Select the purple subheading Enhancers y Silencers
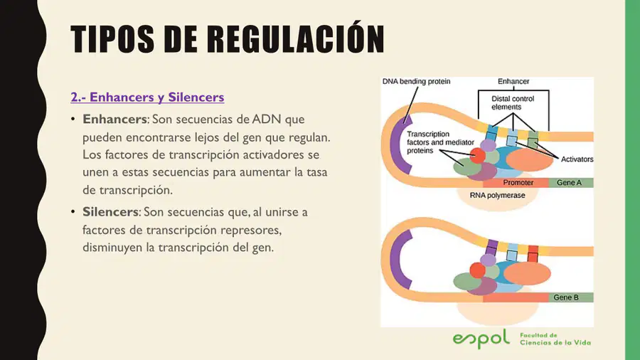coord(147,97)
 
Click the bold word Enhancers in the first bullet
coord(114,120)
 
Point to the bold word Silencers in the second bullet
coord(111,212)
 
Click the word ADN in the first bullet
coord(267,120)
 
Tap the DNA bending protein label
coord(416,82)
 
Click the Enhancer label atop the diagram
coord(513,82)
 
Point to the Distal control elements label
coord(513,103)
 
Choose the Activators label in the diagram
coord(577,159)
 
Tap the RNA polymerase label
coord(497,196)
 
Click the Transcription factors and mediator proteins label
coord(440,142)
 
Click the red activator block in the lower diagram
coord(533,253)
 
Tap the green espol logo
coord(481,339)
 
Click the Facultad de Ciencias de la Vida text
coord(555,339)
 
